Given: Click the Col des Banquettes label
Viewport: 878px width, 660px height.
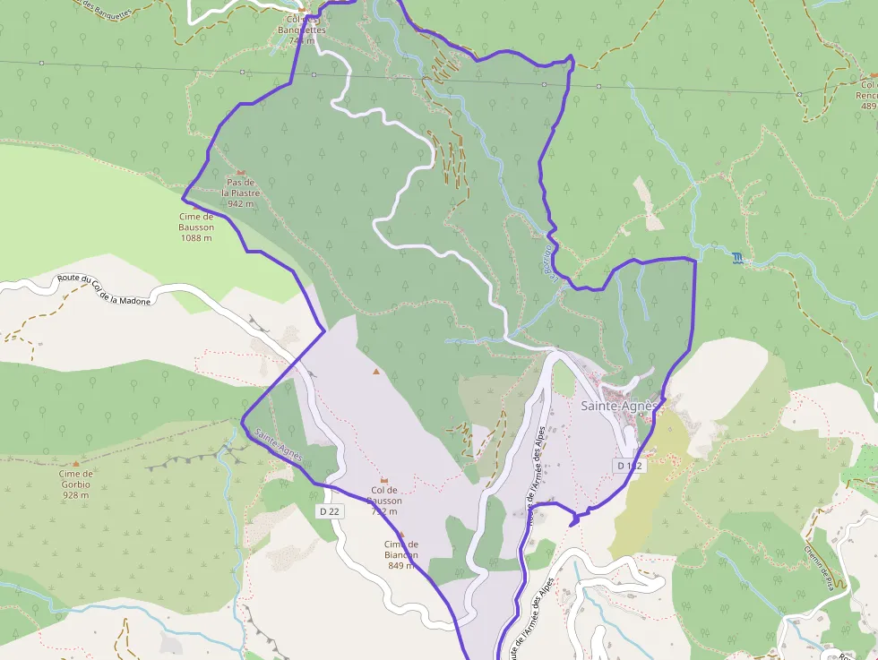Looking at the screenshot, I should pos(301,30).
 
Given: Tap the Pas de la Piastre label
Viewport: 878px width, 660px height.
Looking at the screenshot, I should pos(241,193).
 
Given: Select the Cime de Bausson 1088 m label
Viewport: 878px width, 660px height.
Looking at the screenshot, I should pos(196,227).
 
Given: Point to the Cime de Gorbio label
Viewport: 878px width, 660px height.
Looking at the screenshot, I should pos(76,484).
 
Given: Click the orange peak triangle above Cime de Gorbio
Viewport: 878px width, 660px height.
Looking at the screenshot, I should pos(76,464).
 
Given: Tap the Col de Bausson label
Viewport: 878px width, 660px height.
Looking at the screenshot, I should pos(384,495).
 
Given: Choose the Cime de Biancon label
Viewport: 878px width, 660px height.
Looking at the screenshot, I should pos(401,554).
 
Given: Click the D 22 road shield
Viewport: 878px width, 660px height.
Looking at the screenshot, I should pos(329,510).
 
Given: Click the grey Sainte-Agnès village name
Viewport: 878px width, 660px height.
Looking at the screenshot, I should pos(619,406).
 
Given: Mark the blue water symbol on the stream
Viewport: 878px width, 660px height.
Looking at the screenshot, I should pos(736,258).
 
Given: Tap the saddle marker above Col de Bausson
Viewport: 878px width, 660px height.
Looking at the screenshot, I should pos(384,479).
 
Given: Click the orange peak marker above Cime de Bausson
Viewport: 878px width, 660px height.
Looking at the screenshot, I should pos(195,206).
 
